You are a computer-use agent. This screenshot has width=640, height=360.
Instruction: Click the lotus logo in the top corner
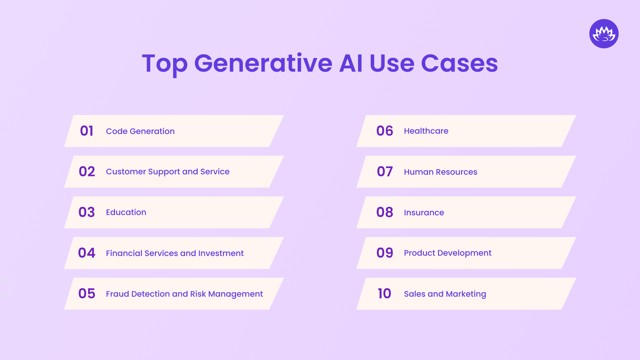point(604,34)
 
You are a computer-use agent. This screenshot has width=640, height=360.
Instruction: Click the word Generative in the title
point(263,63)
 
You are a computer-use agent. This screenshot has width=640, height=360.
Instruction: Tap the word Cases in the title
point(459,63)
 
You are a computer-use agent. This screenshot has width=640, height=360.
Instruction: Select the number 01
point(87,131)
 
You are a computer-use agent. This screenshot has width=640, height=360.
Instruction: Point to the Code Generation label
point(140,131)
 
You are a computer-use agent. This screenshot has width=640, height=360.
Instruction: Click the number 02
point(87,172)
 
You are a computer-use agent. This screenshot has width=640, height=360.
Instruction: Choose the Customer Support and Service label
point(167,172)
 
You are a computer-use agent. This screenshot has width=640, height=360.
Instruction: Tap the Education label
point(126,212)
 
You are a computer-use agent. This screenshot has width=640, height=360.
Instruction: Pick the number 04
point(87,253)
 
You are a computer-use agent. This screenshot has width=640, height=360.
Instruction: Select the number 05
point(87,294)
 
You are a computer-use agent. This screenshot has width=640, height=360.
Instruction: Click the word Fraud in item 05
point(117,294)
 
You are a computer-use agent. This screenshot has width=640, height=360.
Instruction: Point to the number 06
point(385,131)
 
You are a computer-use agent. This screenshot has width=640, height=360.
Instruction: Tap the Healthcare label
point(426,131)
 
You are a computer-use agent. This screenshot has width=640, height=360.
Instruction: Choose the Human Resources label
point(440,172)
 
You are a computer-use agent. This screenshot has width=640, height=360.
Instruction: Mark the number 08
point(385,212)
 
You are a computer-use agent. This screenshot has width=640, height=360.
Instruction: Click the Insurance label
point(424,213)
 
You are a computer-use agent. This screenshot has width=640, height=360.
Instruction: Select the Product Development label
point(447,253)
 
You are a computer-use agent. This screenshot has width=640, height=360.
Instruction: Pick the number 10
point(384,294)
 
